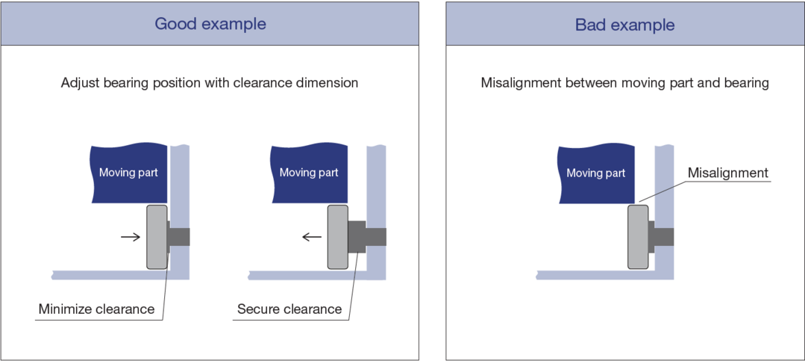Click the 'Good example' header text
210,24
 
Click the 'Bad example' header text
624,25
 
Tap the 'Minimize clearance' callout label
96,309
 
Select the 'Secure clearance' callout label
289,309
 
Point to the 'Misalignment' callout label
727,173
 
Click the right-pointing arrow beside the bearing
131,237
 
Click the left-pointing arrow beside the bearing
311,237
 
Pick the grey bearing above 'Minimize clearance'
157,237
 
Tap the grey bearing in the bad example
638,237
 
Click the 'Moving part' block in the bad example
596,173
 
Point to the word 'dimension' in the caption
328,83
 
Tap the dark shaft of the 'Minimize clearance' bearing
179,237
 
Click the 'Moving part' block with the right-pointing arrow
128,173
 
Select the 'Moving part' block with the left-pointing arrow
309,173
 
